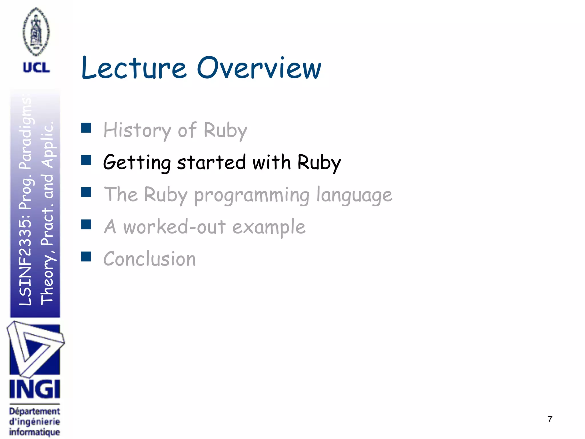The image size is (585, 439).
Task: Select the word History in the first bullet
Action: click(x=137, y=130)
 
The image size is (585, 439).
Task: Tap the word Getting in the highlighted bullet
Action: click(x=137, y=163)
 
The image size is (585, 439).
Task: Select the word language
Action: click(x=354, y=195)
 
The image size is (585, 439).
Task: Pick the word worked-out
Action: click(x=174, y=227)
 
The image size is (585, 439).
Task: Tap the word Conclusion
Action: click(x=149, y=259)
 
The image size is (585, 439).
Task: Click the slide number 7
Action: click(x=550, y=419)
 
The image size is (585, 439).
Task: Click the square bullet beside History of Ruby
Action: click(x=86, y=128)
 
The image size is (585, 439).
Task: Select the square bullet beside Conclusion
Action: click(x=86, y=257)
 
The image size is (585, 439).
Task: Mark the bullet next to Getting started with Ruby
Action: click(x=86, y=160)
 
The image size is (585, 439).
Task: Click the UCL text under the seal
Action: click(x=36, y=68)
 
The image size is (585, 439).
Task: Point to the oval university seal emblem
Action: click(x=36, y=31)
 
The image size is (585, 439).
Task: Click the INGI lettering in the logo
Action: click(x=35, y=389)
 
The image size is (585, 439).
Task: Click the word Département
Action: click(x=35, y=411)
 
